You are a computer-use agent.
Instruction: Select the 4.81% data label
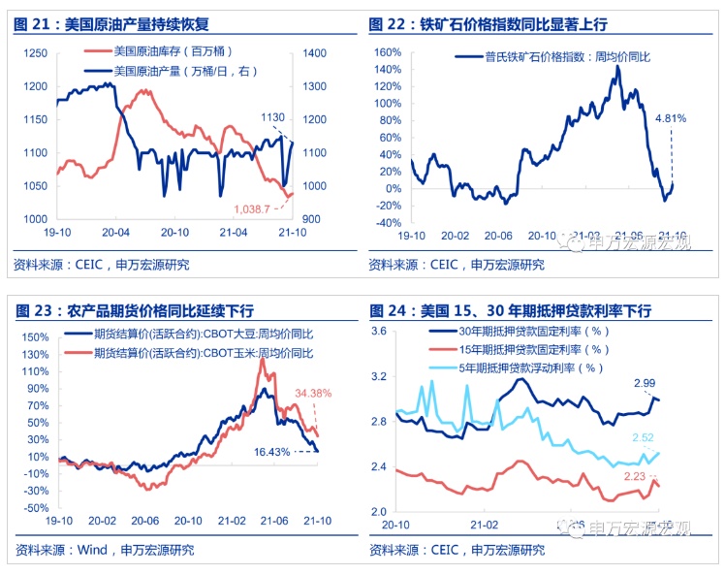point(671,118)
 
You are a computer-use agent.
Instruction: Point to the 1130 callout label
point(272,117)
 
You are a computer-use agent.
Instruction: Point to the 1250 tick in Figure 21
point(38,52)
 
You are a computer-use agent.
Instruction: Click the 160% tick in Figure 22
point(387,52)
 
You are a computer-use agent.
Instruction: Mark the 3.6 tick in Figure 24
point(379,332)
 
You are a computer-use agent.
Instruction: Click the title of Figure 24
point(510,310)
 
